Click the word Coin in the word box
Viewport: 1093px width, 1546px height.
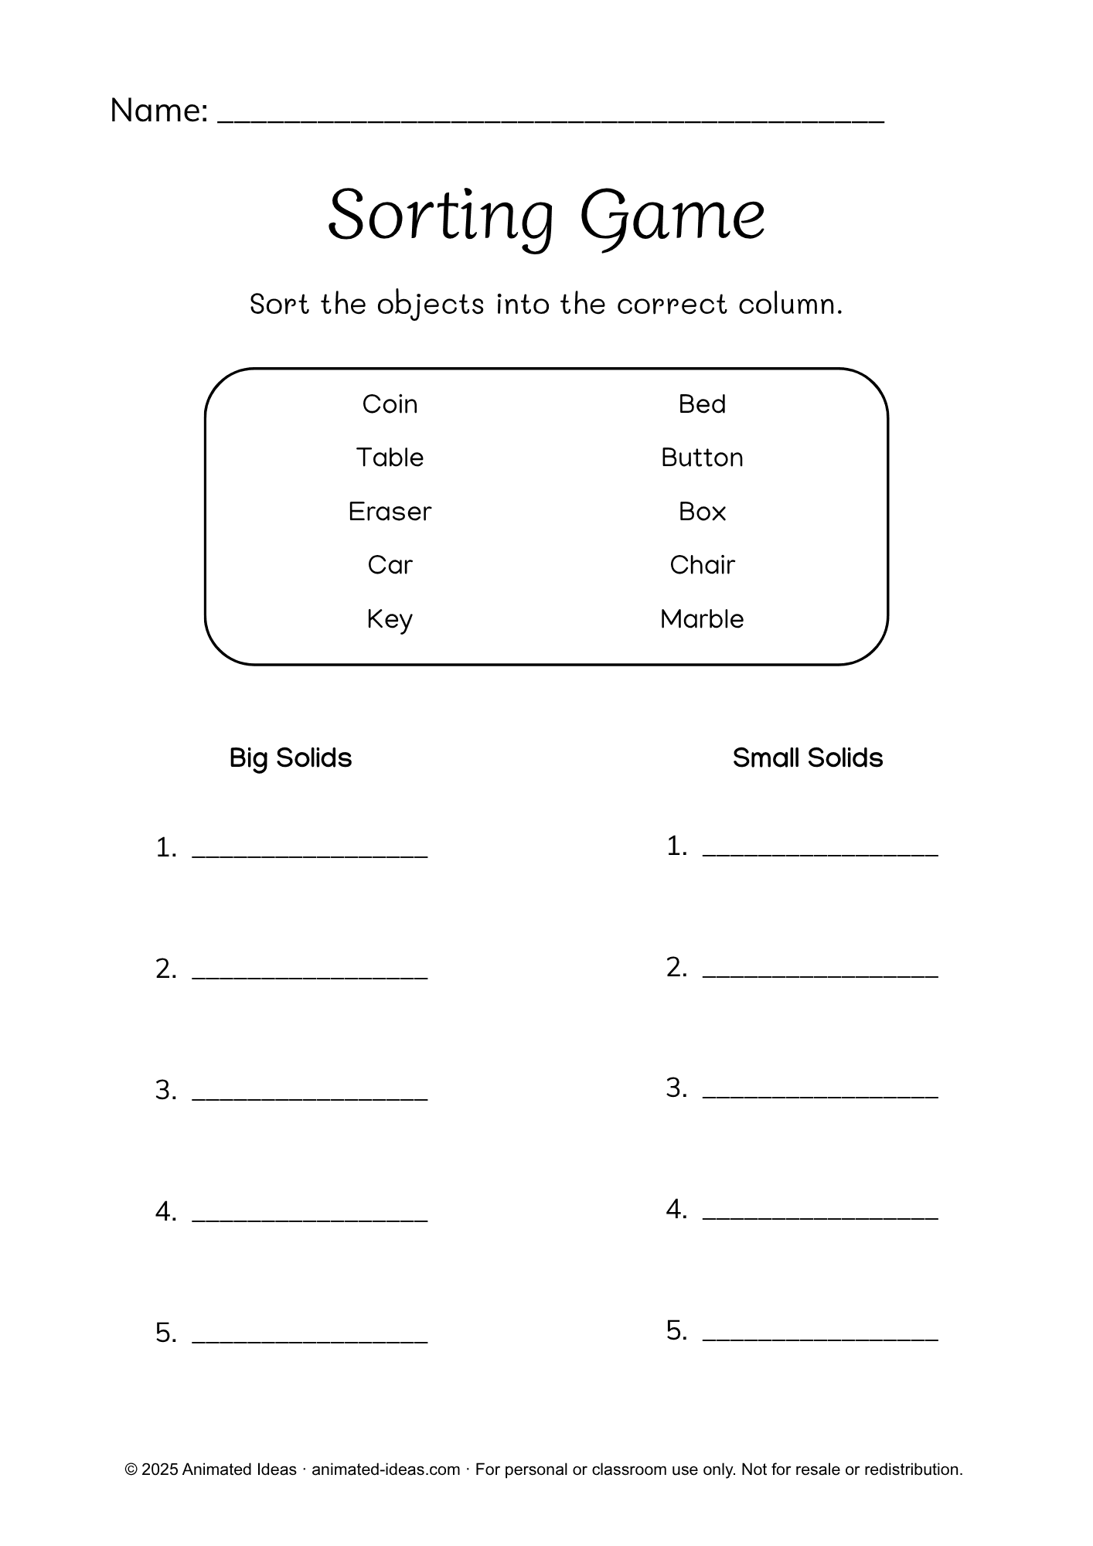pos(390,404)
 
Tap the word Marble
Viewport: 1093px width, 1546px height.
pos(702,619)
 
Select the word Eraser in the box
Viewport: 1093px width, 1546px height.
pos(390,512)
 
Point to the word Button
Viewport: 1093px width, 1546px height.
pos(702,458)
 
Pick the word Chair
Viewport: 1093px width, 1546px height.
pos(702,565)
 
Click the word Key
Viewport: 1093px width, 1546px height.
pos(390,619)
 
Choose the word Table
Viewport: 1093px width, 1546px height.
pos(390,458)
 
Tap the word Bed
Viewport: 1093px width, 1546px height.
pos(702,404)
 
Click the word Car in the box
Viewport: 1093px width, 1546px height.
pos(390,565)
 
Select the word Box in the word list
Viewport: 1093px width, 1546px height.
pos(702,512)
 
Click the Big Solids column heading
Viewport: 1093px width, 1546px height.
pos(291,758)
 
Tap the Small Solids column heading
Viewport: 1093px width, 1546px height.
pos(807,758)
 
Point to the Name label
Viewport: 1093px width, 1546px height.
pos(158,111)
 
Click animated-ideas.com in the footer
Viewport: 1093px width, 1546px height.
pos(386,1469)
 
